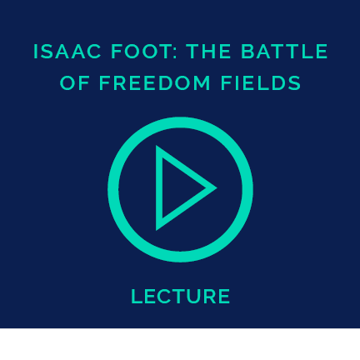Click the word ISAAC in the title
click(x=67, y=52)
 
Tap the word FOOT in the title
click(x=140, y=52)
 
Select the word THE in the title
click(x=209, y=52)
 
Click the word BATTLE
click(x=284, y=52)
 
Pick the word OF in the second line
click(x=75, y=82)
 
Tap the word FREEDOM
click(x=155, y=82)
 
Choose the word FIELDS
click(x=261, y=82)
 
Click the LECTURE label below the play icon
click(x=181, y=296)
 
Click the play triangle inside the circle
click(x=158, y=188)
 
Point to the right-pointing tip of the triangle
click(x=217, y=188)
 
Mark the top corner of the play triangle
click(x=156, y=146)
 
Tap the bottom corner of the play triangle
click(x=156, y=230)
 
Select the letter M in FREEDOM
click(x=202, y=82)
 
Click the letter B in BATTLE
click(x=247, y=52)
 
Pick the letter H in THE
click(x=209, y=52)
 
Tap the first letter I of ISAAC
click(x=35, y=52)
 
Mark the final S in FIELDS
click(x=295, y=82)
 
